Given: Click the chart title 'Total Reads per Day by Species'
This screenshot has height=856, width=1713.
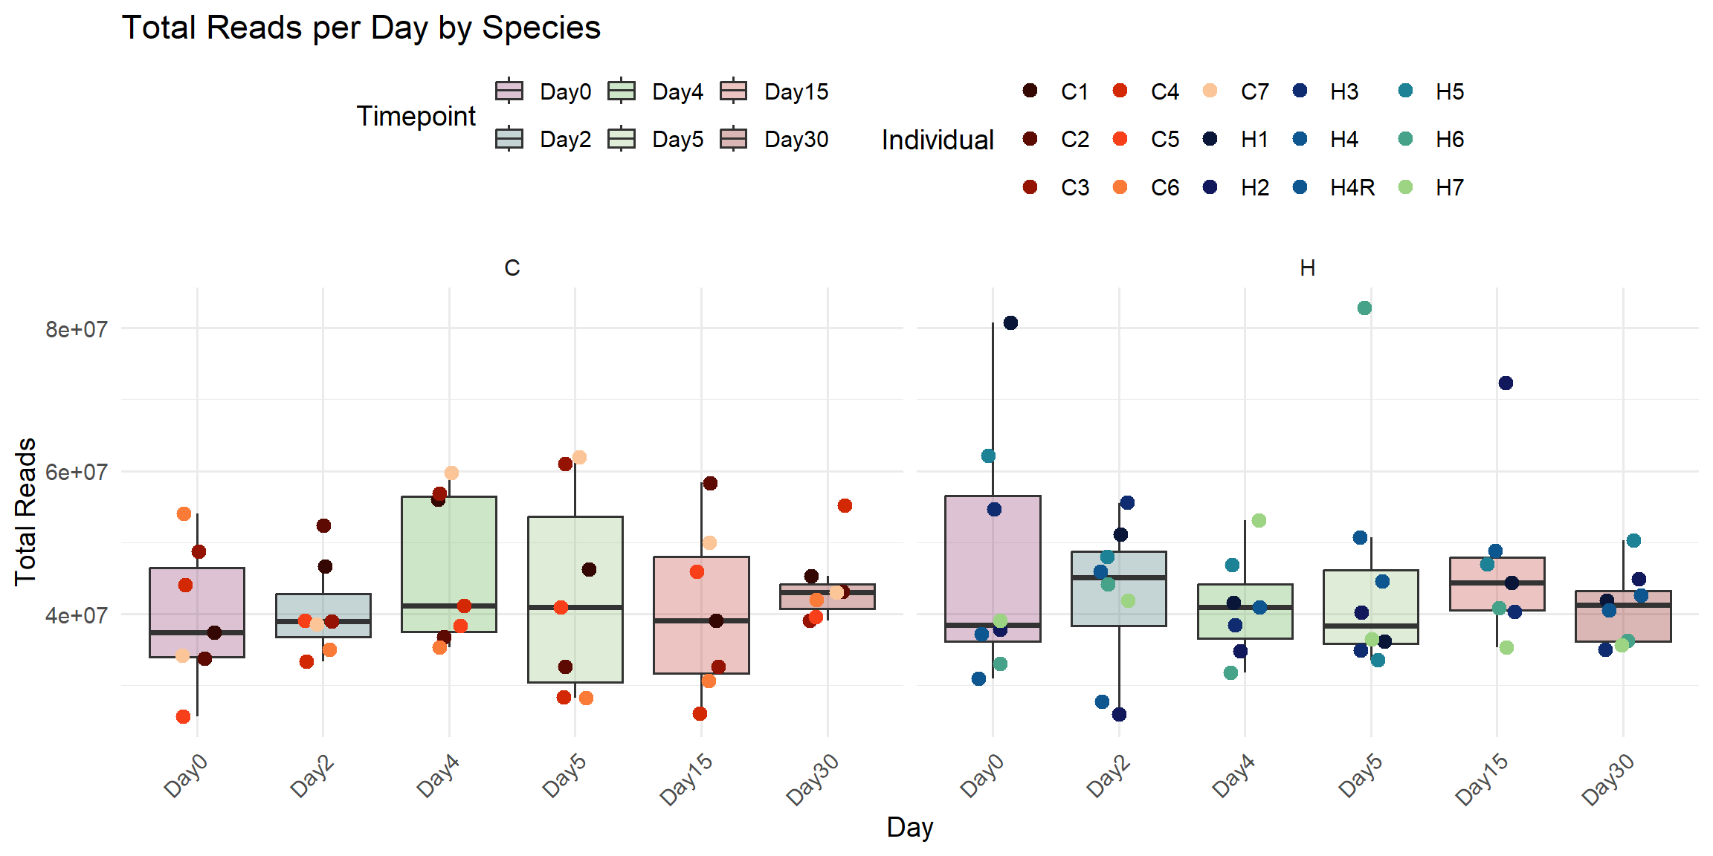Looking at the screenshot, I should point(361,28).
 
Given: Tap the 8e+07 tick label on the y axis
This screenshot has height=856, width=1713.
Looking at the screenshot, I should point(76,329).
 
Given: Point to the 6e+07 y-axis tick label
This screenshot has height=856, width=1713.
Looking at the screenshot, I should point(76,473).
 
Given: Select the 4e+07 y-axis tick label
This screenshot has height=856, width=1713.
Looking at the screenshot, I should point(76,616).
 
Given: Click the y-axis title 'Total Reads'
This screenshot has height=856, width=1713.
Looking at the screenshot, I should point(25,512).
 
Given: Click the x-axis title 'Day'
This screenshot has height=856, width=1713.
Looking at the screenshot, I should point(909,827).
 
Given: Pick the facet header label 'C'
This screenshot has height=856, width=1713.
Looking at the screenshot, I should point(512,268).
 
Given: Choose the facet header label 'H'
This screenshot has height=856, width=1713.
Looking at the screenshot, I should point(1307,268).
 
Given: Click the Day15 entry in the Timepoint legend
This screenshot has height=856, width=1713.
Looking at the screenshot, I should point(796,92).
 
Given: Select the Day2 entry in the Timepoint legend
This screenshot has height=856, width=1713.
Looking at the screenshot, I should point(565,140).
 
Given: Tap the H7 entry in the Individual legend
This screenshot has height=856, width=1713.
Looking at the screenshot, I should point(1449,188).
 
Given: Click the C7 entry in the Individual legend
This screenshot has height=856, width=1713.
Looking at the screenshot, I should point(1254,92).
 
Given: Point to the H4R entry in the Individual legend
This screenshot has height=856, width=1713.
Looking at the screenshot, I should point(1352,188).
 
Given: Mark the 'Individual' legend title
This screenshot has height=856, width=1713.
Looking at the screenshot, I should point(937,140).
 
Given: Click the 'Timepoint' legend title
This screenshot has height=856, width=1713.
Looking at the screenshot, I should point(416,117).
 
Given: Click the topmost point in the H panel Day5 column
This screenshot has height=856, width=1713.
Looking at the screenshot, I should point(1364,308).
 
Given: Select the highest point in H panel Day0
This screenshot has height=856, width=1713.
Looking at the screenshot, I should point(1010,323).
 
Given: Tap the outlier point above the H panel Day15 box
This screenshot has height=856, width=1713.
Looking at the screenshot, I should point(1506,383).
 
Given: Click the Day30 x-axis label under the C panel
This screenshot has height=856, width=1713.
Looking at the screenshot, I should point(813,779).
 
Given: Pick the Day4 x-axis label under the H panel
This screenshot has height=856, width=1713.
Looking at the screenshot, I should point(1234,776).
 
